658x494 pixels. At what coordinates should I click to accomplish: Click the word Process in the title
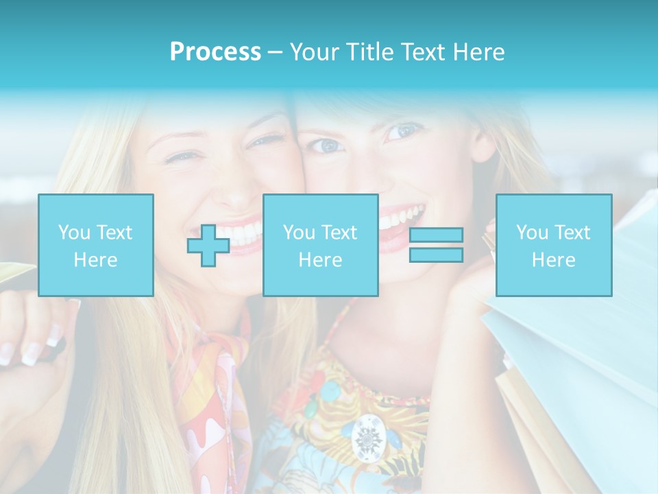pyautogui.click(x=215, y=52)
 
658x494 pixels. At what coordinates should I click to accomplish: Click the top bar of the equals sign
pyautogui.click(x=436, y=235)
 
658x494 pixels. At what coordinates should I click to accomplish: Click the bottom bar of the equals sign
pyautogui.click(x=436, y=255)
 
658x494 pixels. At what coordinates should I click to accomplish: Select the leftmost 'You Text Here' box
pyautogui.click(x=95, y=245)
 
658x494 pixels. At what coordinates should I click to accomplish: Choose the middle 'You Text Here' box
pyautogui.click(x=320, y=245)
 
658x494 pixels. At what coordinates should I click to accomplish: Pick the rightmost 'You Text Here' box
pyautogui.click(x=553, y=245)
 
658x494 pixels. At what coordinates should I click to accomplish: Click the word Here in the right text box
pyautogui.click(x=553, y=259)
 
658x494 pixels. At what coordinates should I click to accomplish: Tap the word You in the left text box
pyautogui.click(x=73, y=232)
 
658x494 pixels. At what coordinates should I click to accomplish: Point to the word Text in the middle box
pyautogui.click(x=338, y=232)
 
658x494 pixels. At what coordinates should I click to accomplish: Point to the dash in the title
pyautogui.click(x=275, y=52)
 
